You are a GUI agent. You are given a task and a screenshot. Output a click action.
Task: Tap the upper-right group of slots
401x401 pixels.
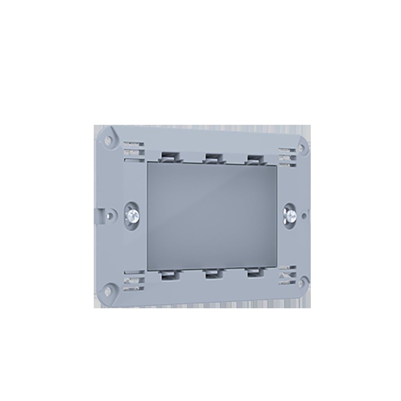pyautogui.click(x=288, y=155)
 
